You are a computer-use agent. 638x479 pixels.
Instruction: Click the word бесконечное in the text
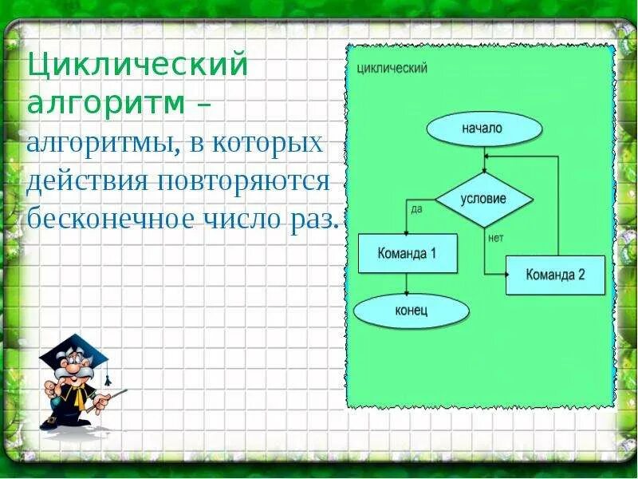(107, 218)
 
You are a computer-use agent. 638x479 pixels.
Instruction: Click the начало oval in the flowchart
(483, 129)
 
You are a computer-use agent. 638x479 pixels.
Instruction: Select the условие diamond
(483, 199)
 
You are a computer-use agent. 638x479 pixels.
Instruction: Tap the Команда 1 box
(408, 253)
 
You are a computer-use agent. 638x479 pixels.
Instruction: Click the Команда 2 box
(555, 275)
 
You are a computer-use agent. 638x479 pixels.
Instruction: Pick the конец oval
(411, 311)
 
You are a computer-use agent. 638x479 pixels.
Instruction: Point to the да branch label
(416, 209)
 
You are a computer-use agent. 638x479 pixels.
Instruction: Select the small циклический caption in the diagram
(392, 69)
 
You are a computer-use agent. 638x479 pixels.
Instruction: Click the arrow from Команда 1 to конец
(408, 283)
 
